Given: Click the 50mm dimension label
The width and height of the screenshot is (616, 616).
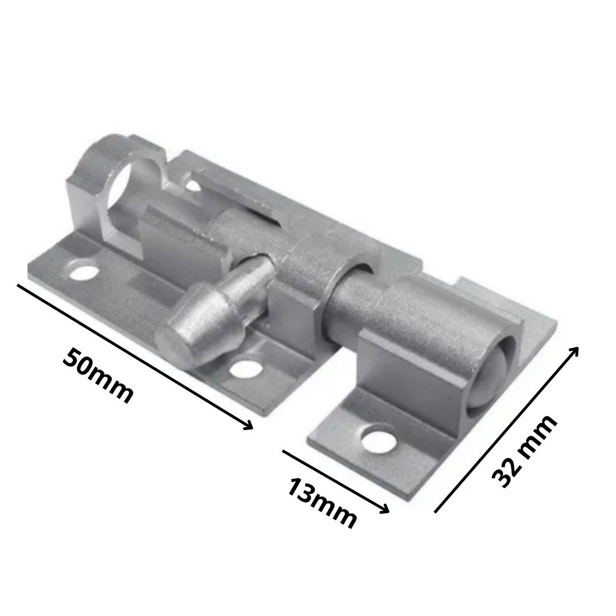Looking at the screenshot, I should click(x=98, y=375).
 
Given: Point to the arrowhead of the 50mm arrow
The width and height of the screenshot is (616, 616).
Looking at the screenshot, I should click(x=249, y=427).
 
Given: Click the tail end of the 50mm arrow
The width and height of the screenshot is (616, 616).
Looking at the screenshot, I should click(x=19, y=285).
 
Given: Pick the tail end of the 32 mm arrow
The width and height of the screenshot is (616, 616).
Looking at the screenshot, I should click(x=436, y=511).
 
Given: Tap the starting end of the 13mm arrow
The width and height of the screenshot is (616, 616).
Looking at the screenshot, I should click(x=284, y=451).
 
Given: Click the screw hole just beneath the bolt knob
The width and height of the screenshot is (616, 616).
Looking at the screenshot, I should click(x=246, y=369).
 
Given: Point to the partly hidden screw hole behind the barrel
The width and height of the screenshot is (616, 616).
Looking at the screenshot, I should click(x=193, y=185).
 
